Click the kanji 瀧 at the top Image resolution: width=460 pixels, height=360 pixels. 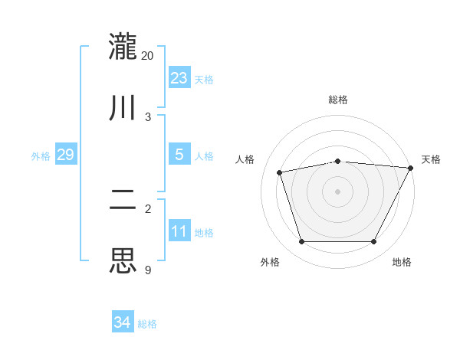[123, 47]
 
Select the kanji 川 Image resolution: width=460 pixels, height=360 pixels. [123, 107]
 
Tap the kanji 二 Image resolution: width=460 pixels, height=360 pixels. [123, 200]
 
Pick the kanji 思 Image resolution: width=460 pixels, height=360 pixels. [123, 260]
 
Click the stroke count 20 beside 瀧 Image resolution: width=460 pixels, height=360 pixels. [148, 56]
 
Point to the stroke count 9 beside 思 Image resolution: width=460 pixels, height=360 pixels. [147, 270]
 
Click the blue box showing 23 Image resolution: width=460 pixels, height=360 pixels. [179, 78]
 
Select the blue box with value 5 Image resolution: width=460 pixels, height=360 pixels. [179, 155]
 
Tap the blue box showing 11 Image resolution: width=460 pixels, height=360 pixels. [179, 231]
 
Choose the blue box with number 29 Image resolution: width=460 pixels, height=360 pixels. [65, 155]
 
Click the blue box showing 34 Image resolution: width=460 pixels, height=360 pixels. [123, 322]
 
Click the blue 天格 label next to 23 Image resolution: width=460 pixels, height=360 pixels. [204, 80]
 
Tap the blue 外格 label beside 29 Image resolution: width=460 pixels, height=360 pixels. [41, 156]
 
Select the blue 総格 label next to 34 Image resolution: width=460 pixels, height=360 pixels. [147, 324]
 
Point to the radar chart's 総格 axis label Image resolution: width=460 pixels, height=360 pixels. [338, 100]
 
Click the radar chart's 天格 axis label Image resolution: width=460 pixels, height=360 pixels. [431, 159]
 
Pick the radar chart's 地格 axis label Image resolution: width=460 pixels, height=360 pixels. [402, 262]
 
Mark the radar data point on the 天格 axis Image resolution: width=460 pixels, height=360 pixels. [412, 168]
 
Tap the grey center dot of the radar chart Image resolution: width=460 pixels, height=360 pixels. [338, 191]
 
